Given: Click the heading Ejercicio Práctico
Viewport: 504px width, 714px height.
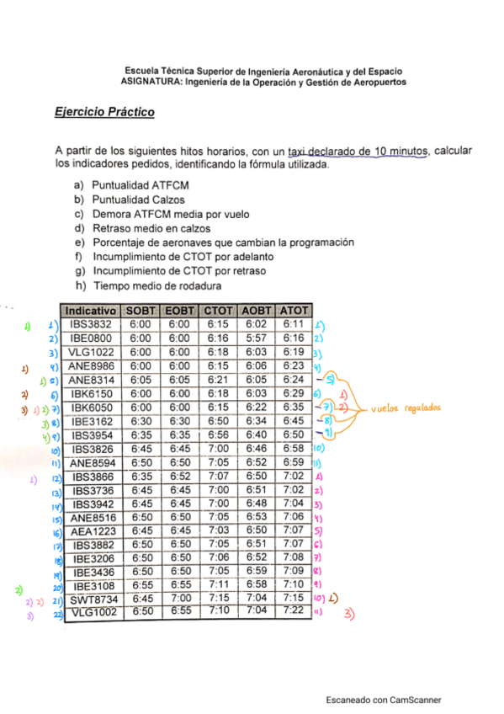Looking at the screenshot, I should (x=104, y=112).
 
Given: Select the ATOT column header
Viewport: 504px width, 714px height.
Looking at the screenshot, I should (x=293, y=310).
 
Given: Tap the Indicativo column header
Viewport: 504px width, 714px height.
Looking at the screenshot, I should (x=91, y=310).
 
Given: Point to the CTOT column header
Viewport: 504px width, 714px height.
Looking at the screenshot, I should (x=218, y=310).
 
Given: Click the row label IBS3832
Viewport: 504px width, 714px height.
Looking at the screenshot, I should (x=91, y=323).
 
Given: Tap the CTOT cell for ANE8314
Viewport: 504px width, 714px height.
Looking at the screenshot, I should (x=218, y=379).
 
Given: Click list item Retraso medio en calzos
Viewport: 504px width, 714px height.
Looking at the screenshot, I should (x=151, y=228).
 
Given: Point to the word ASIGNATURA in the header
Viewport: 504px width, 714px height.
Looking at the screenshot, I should (x=151, y=83).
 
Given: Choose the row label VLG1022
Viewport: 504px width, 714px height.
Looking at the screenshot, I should (x=91, y=351).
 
